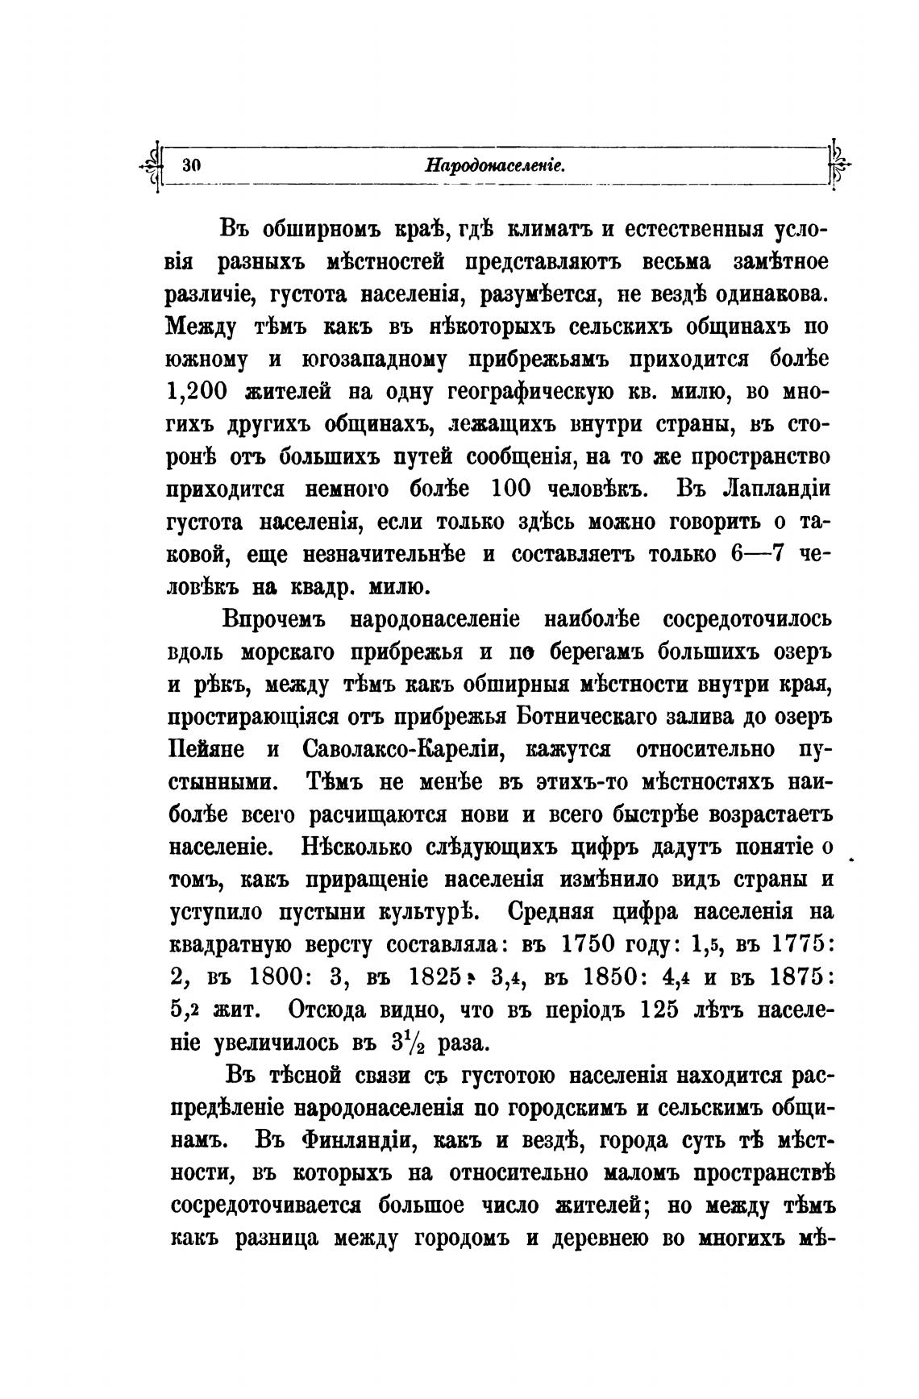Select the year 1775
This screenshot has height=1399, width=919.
(x=785, y=943)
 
